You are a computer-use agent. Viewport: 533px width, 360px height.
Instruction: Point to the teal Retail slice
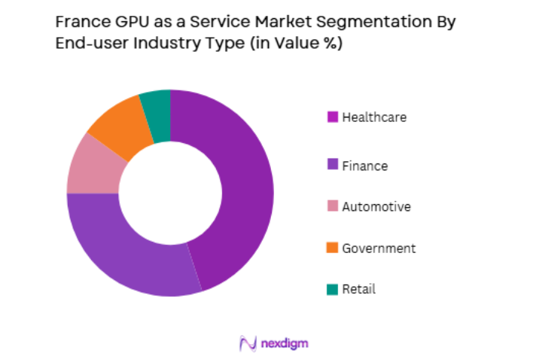(156, 108)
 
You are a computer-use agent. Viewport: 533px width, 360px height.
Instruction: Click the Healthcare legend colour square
(332, 117)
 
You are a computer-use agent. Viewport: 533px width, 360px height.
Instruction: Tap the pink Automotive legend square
(332, 206)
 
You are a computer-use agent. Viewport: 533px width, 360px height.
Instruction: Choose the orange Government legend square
(332, 248)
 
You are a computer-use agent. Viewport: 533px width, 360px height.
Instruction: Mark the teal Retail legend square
(332, 289)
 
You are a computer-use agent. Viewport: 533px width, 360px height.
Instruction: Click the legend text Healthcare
(374, 117)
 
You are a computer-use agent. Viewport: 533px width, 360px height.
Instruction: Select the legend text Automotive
(376, 206)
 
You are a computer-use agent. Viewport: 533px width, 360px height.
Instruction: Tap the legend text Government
(379, 248)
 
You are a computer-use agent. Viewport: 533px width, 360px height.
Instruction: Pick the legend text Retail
(358, 289)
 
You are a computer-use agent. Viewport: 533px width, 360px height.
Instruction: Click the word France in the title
(81, 22)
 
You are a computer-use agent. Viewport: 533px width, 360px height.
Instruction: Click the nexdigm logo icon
(248, 343)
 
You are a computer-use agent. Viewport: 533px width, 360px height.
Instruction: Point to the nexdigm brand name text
(284, 343)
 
